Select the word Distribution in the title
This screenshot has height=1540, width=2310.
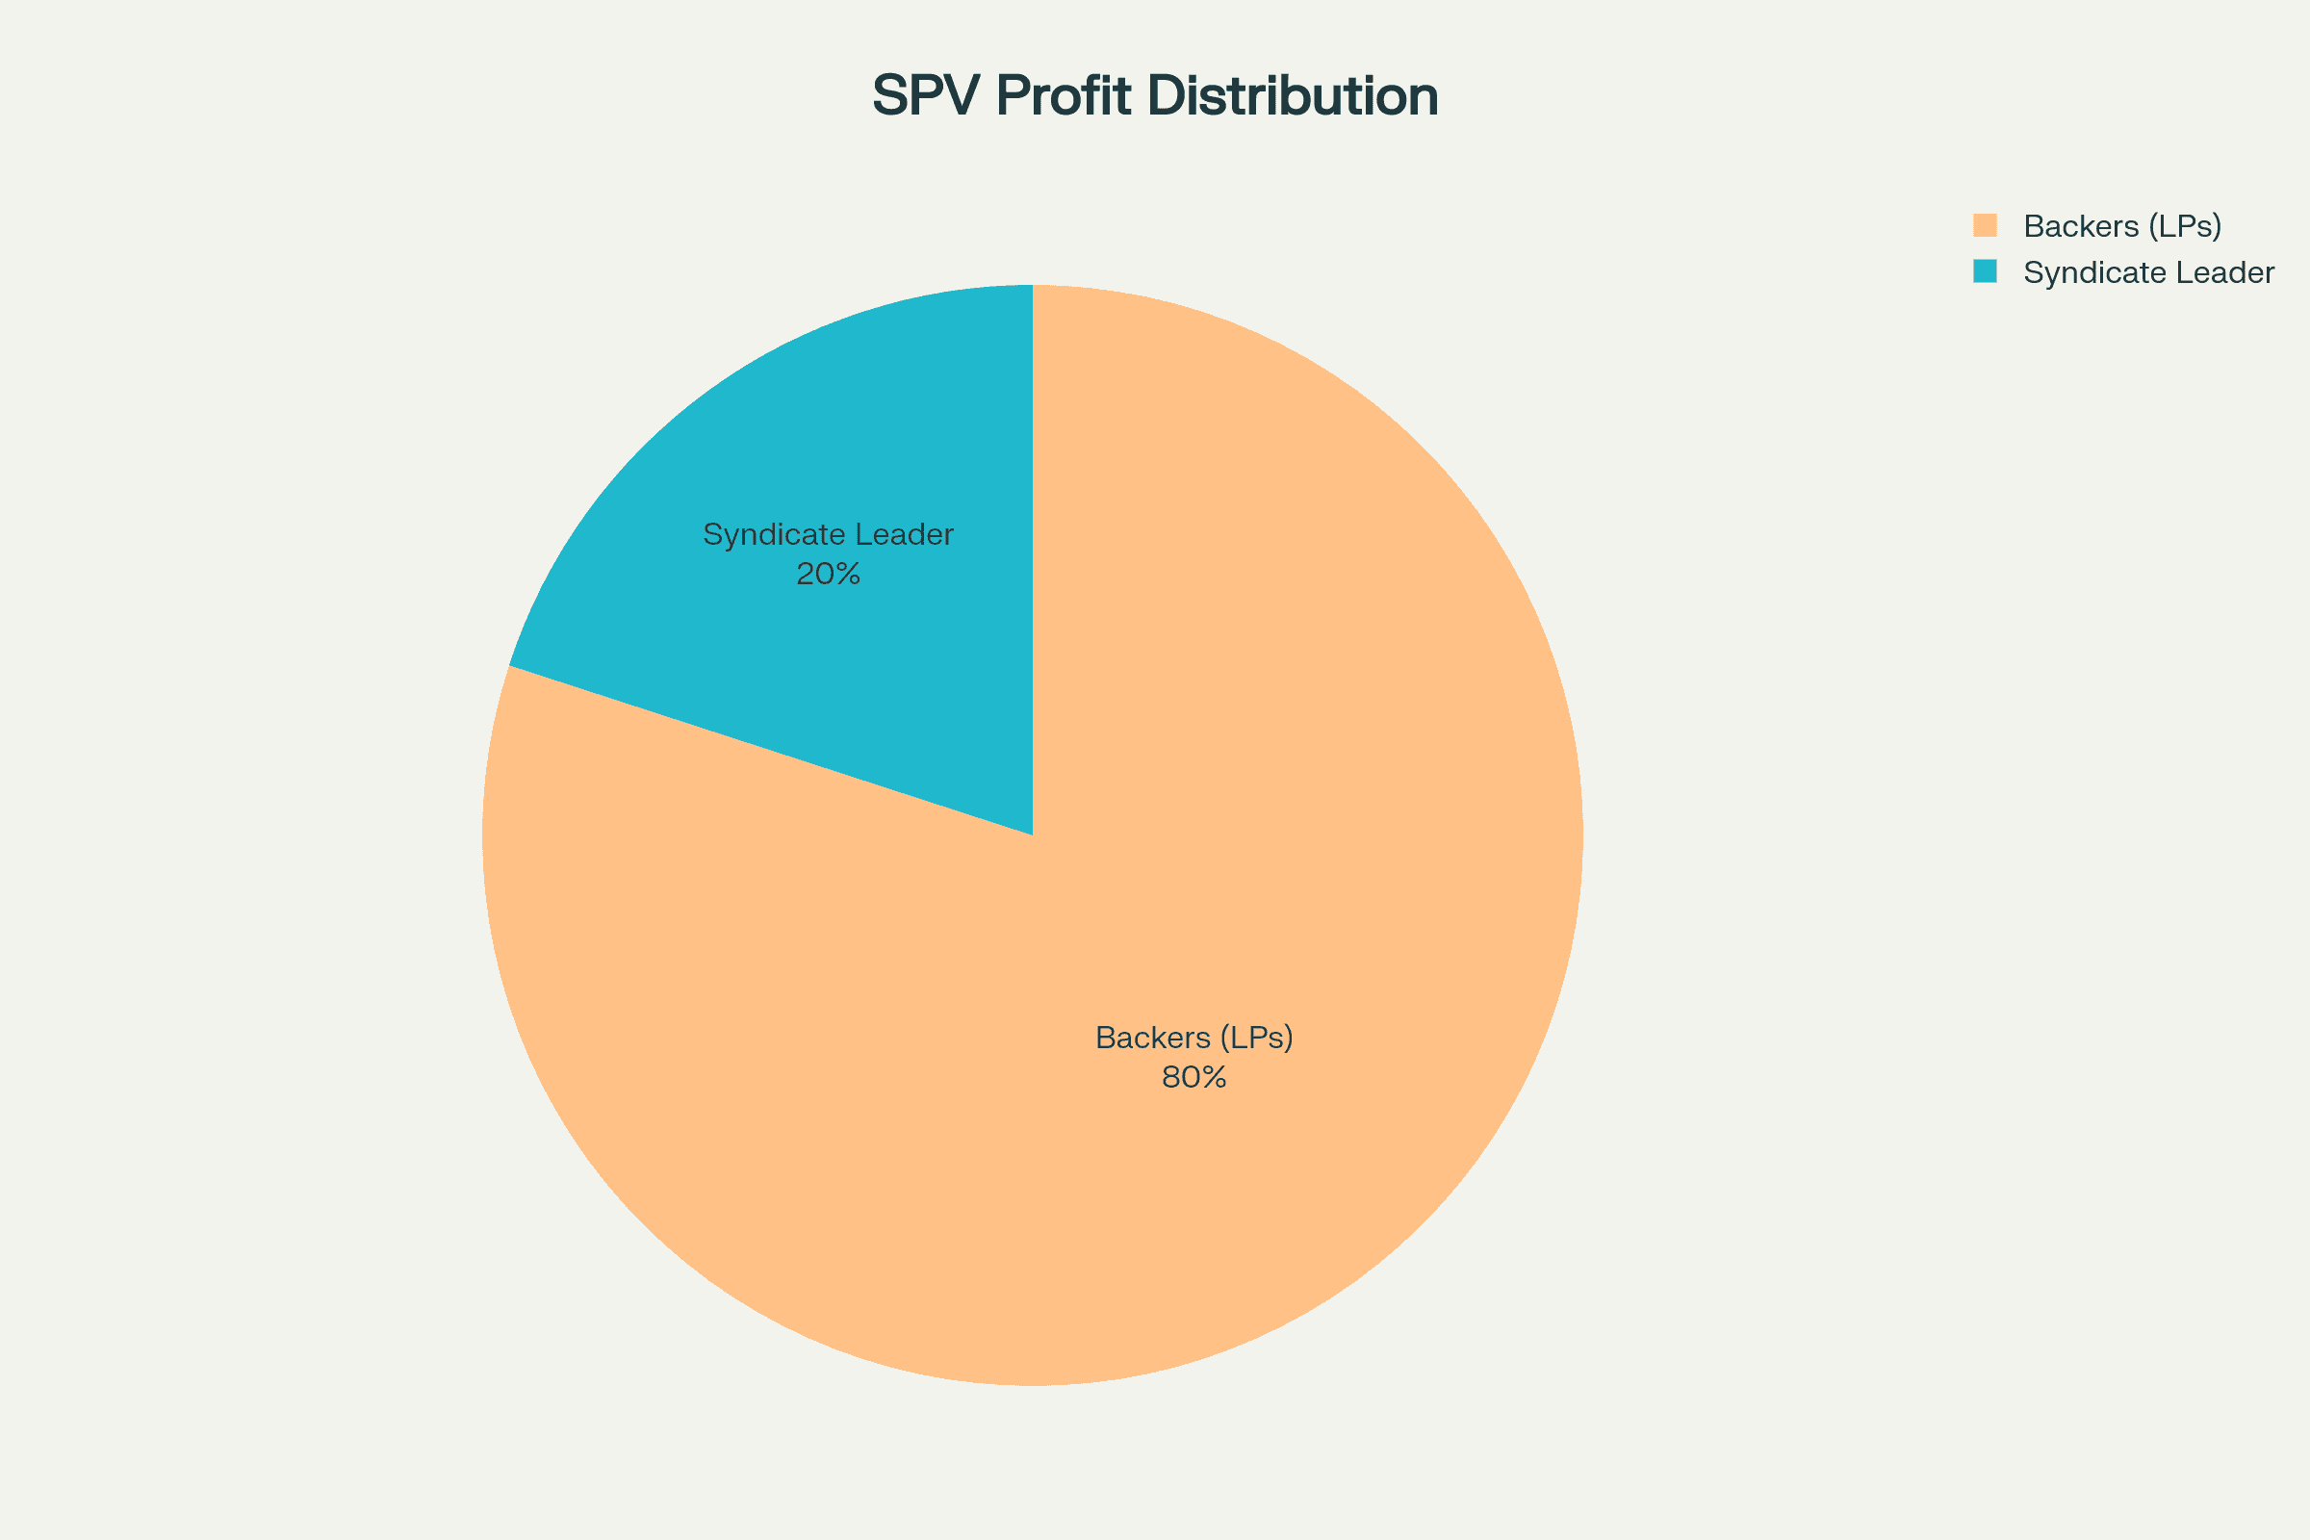(x=1292, y=96)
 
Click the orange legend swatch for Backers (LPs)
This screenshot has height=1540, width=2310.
(x=1985, y=225)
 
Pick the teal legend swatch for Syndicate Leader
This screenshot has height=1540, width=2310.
(x=1985, y=271)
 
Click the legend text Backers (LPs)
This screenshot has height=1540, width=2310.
(x=2122, y=227)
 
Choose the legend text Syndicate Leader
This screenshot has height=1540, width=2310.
(x=2149, y=273)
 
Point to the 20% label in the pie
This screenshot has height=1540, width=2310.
(x=828, y=574)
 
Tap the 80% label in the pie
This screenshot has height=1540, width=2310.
(x=1194, y=1077)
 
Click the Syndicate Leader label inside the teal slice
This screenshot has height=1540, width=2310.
(x=828, y=534)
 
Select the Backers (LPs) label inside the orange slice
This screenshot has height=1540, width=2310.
(x=1194, y=1038)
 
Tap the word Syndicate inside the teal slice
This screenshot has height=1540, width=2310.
(x=774, y=534)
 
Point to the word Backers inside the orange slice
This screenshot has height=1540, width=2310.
(x=1153, y=1038)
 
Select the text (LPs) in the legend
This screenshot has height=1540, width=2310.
(x=2184, y=227)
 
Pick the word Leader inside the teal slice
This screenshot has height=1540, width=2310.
(x=905, y=534)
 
